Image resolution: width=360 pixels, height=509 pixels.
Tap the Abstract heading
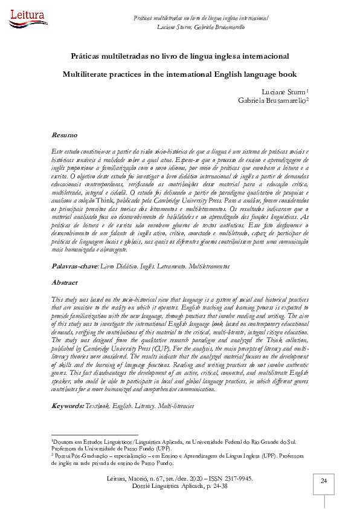(x=65, y=282)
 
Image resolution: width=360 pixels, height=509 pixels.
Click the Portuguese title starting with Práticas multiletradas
(x=179, y=56)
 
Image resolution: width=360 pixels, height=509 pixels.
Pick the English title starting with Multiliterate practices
(x=179, y=74)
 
